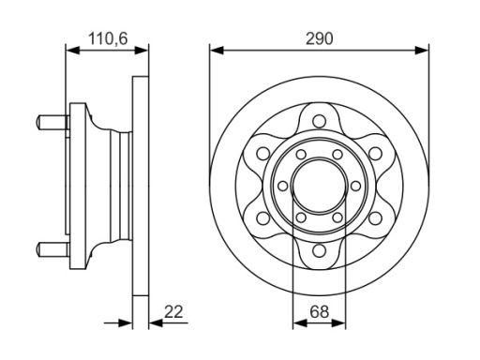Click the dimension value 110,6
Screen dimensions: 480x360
[108, 38]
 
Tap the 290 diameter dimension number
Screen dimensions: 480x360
[320, 38]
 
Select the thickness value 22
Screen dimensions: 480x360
[173, 311]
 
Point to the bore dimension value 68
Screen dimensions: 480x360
[320, 311]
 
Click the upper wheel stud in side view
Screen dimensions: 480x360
[52, 122]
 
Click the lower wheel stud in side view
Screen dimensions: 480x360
[52, 248]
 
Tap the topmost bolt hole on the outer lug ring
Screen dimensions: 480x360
[319, 121]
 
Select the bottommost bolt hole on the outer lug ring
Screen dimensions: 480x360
[319, 250]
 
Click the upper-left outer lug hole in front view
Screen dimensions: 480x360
[263, 154]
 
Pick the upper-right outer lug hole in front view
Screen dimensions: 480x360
[375, 154]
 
